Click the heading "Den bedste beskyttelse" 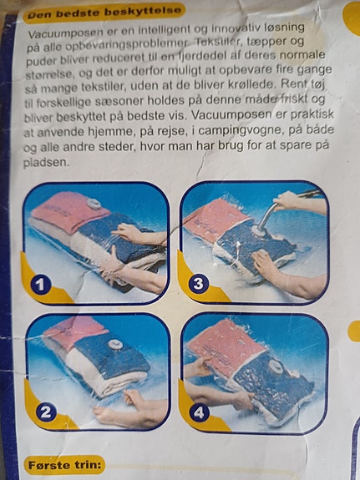(x=104, y=13)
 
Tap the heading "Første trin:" (x=64, y=465)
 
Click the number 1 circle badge (x=41, y=285)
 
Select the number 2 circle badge (x=46, y=412)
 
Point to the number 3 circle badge (x=198, y=284)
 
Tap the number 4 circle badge (x=199, y=412)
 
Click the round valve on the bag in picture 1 (x=94, y=203)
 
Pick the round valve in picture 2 (x=115, y=345)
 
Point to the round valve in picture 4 (x=277, y=366)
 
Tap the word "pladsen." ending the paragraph (x=46, y=162)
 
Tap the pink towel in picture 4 (x=226, y=345)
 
